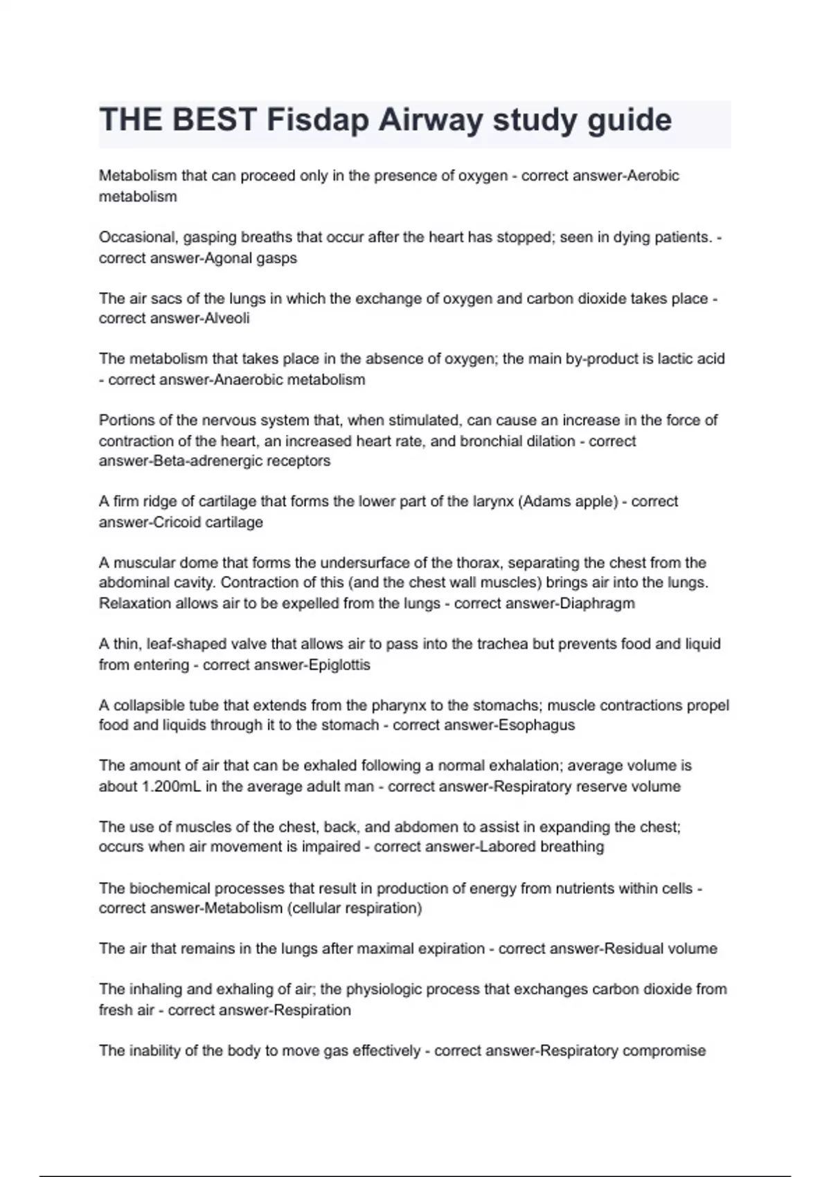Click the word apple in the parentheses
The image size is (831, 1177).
pos(596,501)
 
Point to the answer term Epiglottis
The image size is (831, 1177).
pos(339,665)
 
